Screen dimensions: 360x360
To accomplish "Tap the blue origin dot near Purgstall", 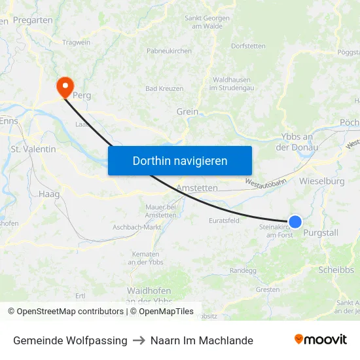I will point(295,222).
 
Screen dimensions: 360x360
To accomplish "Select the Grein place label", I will point(187,112).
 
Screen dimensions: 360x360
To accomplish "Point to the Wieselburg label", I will point(322,181).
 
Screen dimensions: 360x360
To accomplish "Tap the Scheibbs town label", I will point(336,270).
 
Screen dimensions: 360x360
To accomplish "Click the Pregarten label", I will point(33,20).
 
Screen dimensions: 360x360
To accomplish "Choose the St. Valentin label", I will point(33,149).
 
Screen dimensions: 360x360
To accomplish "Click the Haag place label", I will point(49,194).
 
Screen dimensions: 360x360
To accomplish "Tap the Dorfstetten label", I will point(248,46).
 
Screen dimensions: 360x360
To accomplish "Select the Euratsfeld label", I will point(225,221).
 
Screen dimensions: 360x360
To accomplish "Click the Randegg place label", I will point(243,270).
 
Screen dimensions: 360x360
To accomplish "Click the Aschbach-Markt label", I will point(137,226).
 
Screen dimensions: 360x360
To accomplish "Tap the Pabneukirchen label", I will point(169,50).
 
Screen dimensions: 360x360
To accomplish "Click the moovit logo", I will point(321,340).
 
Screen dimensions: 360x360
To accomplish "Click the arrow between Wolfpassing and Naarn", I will point(139,340).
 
